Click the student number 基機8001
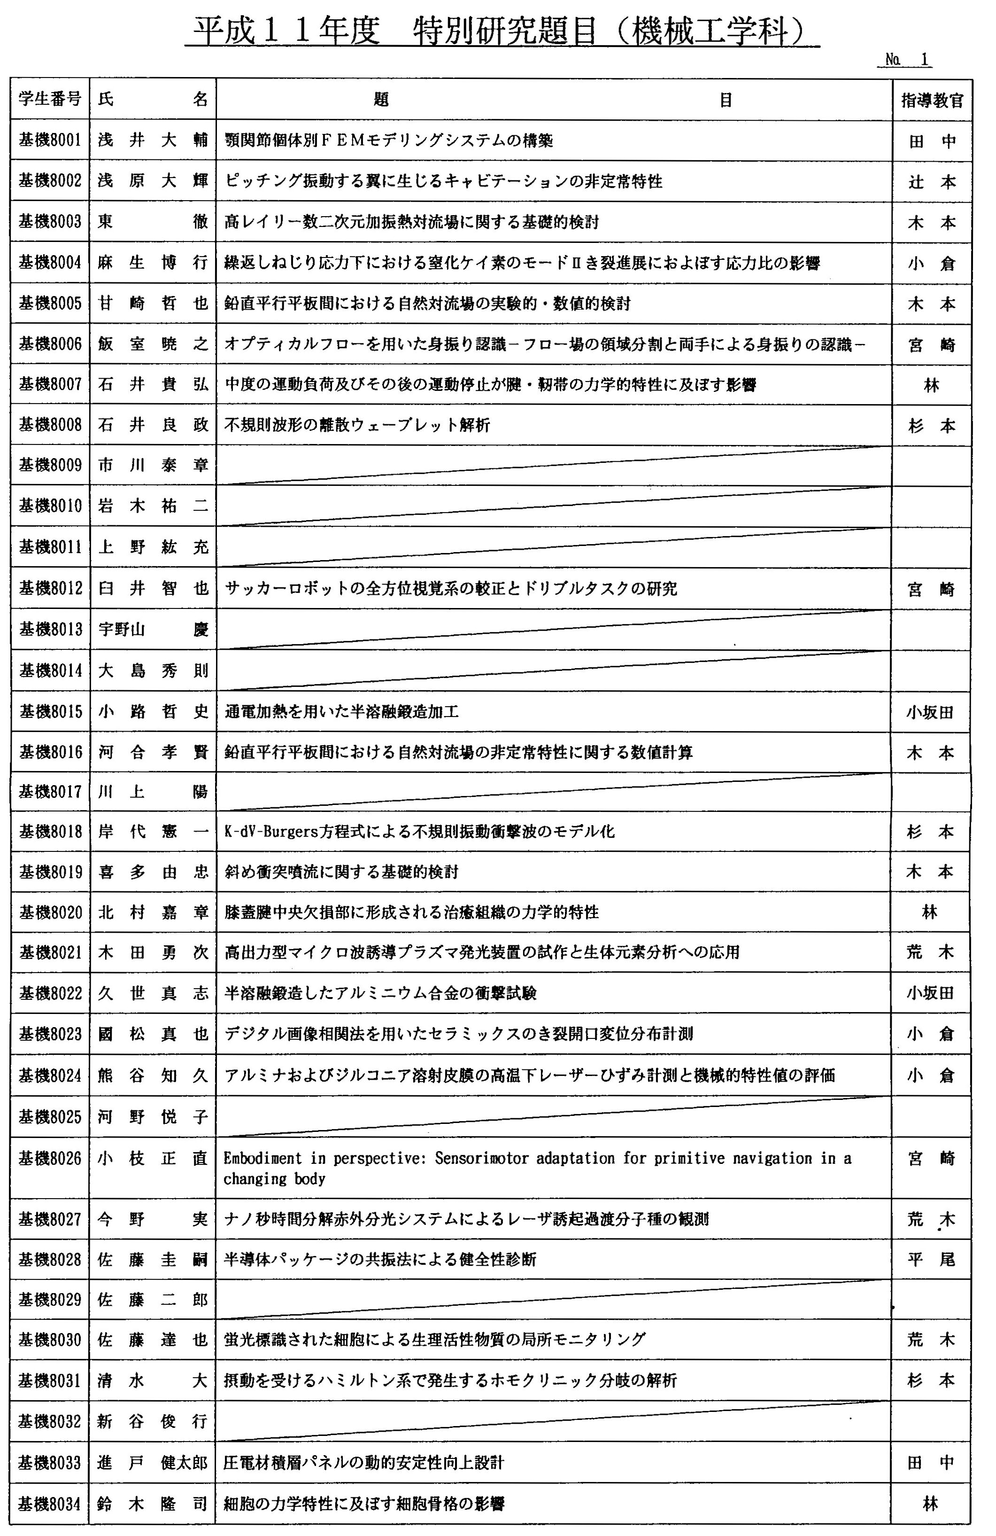(x=50, y=140)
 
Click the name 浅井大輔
(x=153, y=140)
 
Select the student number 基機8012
(x=50, y=588)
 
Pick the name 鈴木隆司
(x=153, y=1503)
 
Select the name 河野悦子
(x=153, y=1116)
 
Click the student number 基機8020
(x=50, y=912)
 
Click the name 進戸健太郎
(x=153, y=1462)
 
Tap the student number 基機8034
(x=50, y=1503)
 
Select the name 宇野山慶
(x=153, y=629)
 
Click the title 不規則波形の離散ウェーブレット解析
(x=357, y=425)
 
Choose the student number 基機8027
(x=50, y=1219)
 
